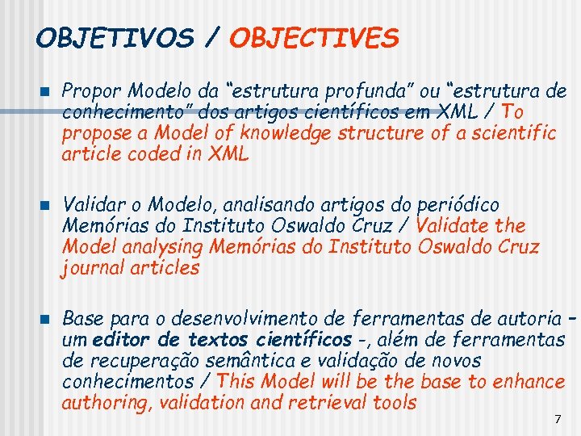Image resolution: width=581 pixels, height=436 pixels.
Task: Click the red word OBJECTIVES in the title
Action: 314,38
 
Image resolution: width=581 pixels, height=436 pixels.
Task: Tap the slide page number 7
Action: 557,419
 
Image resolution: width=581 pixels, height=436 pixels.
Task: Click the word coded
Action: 159,153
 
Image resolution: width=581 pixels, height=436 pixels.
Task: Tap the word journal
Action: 90,268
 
